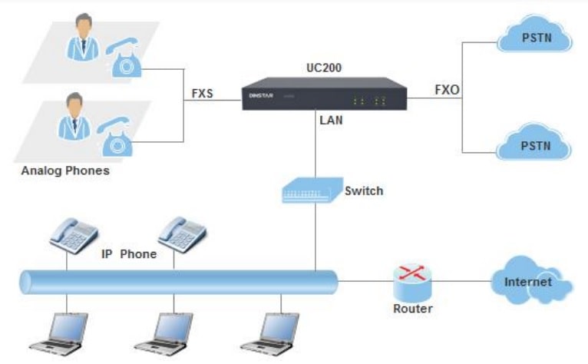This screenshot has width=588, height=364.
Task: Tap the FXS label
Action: [x=203, y=95]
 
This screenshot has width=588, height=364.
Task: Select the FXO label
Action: [x=447, y=90]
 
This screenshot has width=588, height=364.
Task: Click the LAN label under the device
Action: [x=332, y=121]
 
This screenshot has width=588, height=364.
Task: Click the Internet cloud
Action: [x=530, y=282]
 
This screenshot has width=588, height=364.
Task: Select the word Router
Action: [x=412, y=309]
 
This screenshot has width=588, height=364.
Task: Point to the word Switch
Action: [x=363, y=191]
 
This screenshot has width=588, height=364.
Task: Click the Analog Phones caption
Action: [x=65, y=171]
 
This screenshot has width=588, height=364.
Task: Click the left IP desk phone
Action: [x=74, y=234]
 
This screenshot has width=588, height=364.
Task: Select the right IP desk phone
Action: [x=182, y=234]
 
